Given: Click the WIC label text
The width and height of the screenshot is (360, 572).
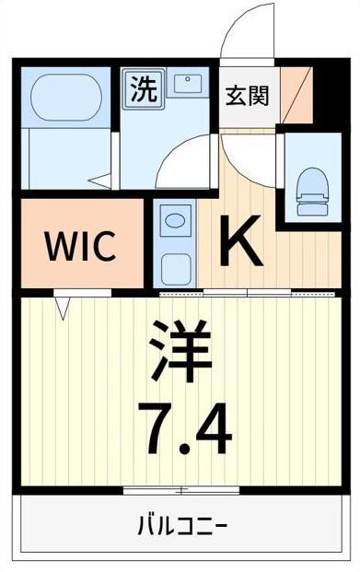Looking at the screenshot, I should [x=81, y=246].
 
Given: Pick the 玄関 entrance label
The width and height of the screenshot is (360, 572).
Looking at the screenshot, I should [x=248, y=95].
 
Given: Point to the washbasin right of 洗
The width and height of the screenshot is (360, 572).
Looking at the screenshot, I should [x=190, y=87].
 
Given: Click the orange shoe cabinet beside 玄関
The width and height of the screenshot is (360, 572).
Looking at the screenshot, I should [x=295, y=95].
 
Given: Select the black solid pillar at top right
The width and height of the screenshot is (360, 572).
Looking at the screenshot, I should [x=323, y=88].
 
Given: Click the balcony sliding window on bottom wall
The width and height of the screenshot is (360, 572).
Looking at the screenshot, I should [x=181, y=487].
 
